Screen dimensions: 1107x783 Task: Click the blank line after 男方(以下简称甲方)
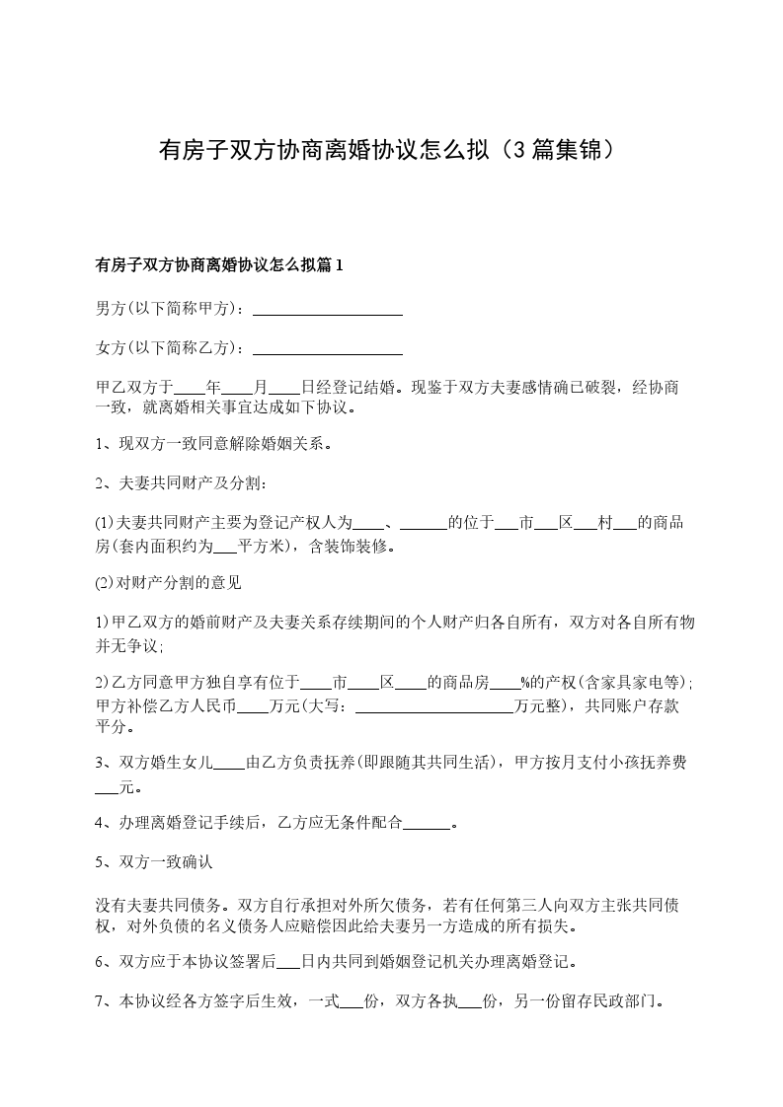click(x=328, y=310)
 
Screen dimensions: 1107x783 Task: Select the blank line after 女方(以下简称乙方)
click(x=328, y=348)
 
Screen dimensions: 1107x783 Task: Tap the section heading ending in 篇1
click(x=218, y=265)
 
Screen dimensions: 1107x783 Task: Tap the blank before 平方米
click(x=224, y=545)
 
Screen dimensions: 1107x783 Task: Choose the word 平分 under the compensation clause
click(x=112, y=728)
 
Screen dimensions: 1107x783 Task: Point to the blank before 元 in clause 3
click(x=107, y=788)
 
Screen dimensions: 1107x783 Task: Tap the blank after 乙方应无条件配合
click(x=428, y=823)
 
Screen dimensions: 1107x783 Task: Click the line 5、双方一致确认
click(x=153, y=861)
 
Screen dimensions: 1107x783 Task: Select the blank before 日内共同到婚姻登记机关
click(x=288, y=962)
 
